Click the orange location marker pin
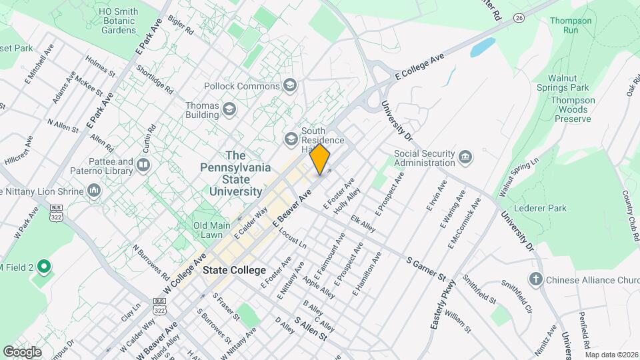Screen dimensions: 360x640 point(320,159)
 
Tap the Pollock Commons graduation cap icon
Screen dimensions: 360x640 point(290,85)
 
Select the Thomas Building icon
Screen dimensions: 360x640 point(229,109)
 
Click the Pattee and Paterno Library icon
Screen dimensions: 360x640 point(143,165)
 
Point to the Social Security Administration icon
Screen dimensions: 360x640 point(465,157)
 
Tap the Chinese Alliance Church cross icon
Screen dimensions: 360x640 point(535,279)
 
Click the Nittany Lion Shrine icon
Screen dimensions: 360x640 point(93,191)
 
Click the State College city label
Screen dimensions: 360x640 point(235,271)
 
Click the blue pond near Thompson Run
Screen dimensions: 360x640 point(483,47)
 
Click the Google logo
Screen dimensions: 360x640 point(22,351)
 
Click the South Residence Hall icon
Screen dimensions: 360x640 point(291,139)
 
